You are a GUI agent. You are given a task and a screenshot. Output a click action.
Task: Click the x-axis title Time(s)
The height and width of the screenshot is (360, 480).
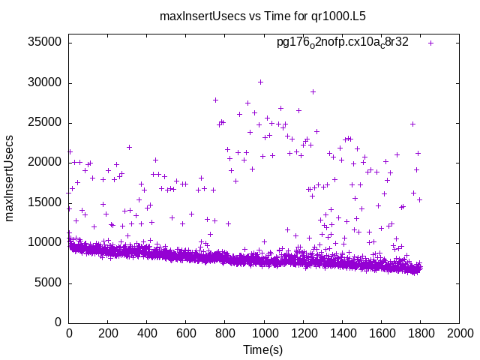(263, 349)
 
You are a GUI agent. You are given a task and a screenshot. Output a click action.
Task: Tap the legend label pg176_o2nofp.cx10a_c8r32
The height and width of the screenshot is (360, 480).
(343, 42)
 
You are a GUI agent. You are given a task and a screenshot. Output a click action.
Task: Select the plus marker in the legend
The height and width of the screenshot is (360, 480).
(430, 43)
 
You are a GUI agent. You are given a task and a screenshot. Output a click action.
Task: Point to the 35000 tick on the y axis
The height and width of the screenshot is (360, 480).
(44, 43)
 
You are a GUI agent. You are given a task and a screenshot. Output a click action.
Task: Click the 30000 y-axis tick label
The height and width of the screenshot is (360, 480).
(44, 82)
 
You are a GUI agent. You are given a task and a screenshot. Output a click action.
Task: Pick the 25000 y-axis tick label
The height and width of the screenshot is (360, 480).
(44, 122)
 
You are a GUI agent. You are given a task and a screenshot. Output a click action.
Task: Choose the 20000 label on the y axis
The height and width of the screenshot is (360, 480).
(44, 163)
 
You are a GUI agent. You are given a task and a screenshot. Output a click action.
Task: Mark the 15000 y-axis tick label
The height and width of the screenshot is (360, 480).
(44, 202)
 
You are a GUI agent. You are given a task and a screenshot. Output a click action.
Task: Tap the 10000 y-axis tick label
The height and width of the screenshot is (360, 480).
(44, 242)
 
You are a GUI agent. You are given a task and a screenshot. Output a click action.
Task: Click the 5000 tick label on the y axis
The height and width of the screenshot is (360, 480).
(47, 283)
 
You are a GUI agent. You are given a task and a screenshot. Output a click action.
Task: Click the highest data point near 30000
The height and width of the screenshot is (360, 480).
(260, 82)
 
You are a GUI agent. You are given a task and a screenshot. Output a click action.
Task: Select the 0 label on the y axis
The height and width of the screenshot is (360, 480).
(58, 322)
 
